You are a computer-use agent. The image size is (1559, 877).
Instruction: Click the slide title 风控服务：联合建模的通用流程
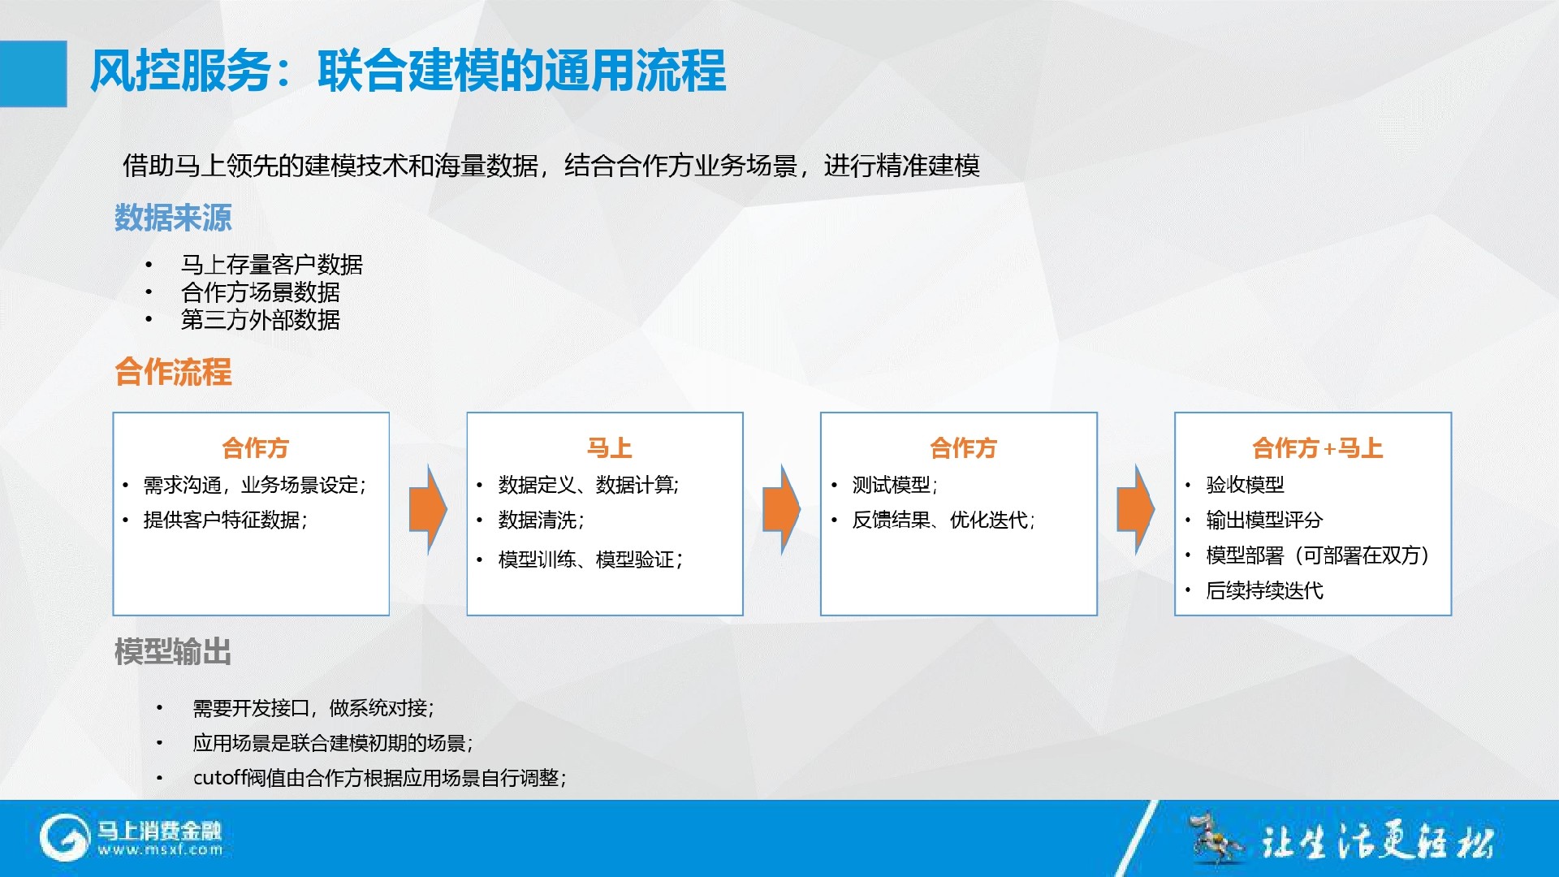click(408, 71)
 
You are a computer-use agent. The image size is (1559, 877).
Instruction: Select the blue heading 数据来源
click(173, 218)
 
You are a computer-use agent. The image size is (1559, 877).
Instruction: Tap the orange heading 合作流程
click(173, 372)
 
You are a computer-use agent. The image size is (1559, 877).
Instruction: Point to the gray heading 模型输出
click(173, 652)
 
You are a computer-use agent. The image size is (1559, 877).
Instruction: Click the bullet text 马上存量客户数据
click(272, 265)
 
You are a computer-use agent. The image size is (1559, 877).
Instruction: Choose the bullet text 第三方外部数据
click(261, 320)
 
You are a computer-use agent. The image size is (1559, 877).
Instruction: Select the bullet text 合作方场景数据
click(261, 292)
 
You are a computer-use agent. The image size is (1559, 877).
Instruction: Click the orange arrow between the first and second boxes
click(428, 510)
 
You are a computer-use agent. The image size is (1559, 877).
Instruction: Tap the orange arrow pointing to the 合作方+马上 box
click(1136, 510)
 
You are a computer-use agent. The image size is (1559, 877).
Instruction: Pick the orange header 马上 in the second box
click(609, 448)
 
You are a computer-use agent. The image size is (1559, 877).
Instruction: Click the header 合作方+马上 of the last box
click(1317, 448)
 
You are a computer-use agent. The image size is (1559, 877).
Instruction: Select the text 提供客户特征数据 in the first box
click(222, 520)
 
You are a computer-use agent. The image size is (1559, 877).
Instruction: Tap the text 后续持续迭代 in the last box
click(1264, 590)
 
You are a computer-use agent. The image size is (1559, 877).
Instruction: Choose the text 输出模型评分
click(1264, 520)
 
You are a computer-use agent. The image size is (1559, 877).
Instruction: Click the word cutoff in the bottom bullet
click(219, 778)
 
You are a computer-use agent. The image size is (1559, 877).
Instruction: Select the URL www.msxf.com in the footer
click(160, 850)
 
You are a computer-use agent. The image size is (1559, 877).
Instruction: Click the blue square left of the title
click(33, 74)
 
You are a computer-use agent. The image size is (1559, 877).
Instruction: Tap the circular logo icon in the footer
click(64, 838)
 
